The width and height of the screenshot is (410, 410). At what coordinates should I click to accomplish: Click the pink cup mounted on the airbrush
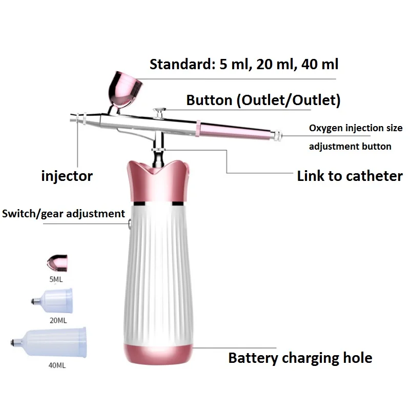pyautogui.click(x=125, y=90)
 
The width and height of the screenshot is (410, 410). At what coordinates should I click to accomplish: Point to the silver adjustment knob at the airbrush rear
pyautogui.click(x=277, y=135)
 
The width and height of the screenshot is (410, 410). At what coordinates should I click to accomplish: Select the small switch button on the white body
pyautogui.click(x=130, y=224)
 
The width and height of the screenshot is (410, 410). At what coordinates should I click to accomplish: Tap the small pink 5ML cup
pyautogui.click(x=57, y=262)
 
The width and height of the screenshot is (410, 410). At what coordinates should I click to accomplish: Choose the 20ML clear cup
pyautogui.click(x=52, y=301)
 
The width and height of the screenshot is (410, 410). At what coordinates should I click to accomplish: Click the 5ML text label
pyautogui.click(x=56, y=279)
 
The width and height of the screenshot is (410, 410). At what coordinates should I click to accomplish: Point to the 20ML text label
pyautogui.click(x=58, y=320)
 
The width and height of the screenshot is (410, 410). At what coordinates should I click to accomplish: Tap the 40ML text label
pyautogui.click(x=57, y=365)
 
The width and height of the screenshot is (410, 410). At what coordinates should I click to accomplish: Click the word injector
pyautogui.click(x=67, y=176)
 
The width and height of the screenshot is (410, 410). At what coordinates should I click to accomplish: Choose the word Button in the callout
pyautogui.click(x=209, y=100)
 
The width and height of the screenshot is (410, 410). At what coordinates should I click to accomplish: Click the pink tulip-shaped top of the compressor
pyautogui.click(x=158, y=182)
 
